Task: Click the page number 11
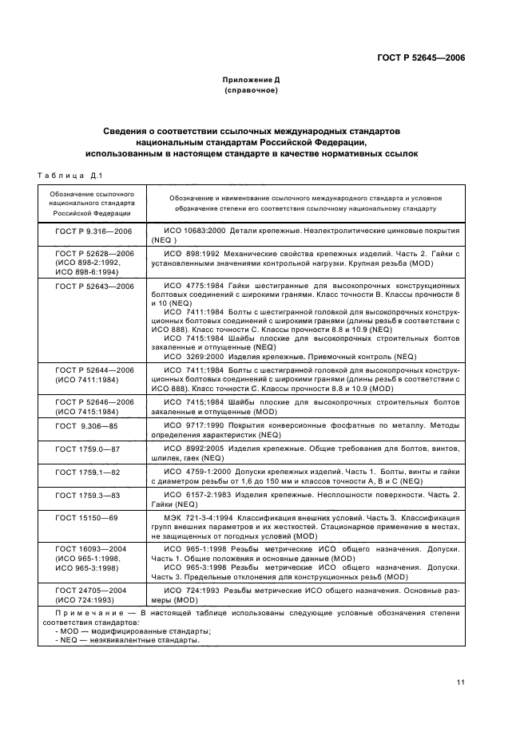(461, 681)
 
